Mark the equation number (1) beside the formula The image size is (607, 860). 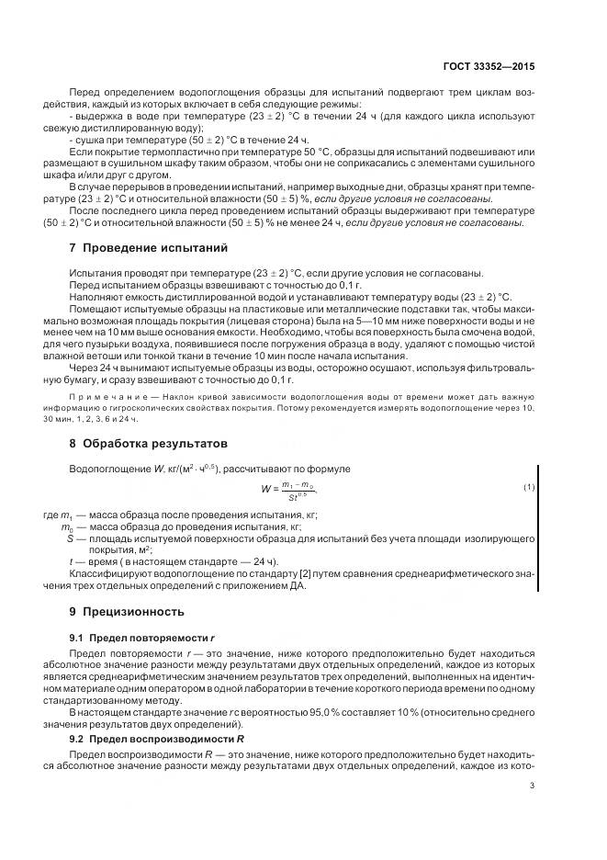(528, 486)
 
